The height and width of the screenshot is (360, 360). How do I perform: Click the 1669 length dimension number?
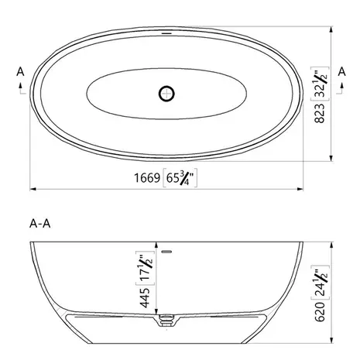(x=147, y=178)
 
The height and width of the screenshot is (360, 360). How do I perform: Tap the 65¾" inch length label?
(x=180, y=177)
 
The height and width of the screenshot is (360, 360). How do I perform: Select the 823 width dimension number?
(x=320, y=113)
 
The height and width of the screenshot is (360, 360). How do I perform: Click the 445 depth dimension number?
(x=145, y=298)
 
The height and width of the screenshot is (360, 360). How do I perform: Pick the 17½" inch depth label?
(x=145, y=268)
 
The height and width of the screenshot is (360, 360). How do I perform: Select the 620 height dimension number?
(x=320, y=312)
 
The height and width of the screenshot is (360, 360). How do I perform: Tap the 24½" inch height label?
(x=320, y=283)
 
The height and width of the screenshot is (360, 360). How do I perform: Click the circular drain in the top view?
(x=166, y=94)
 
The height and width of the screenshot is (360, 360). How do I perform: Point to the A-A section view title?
(x=40, y=224)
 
